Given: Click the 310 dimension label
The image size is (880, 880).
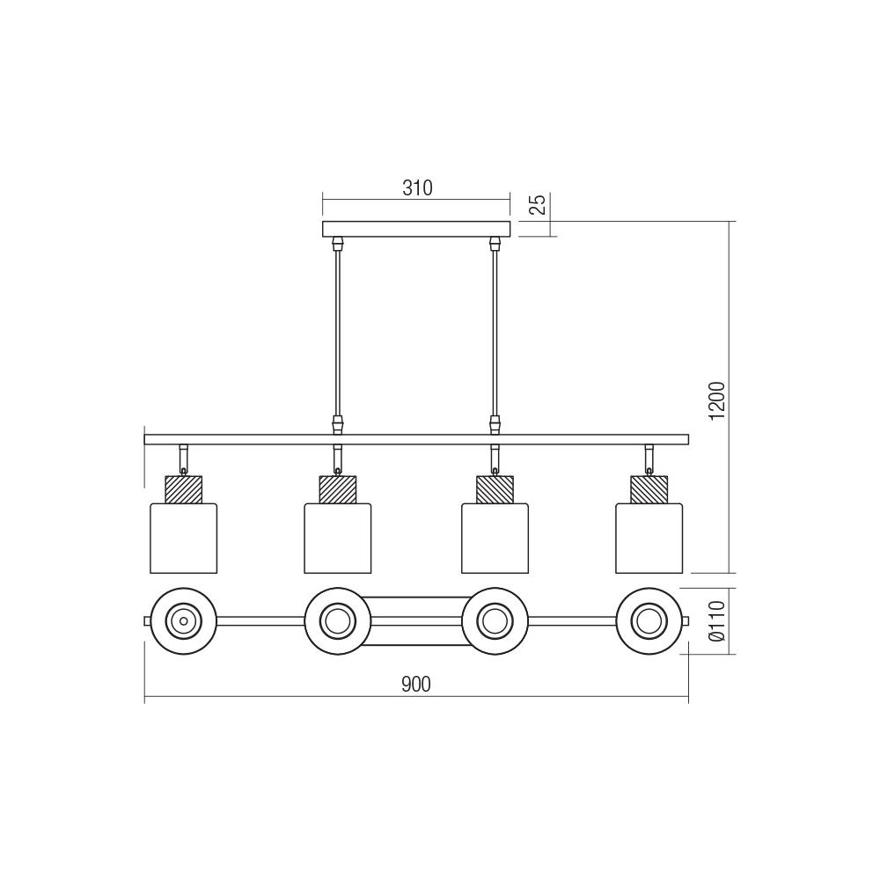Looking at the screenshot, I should [x=417, y=187].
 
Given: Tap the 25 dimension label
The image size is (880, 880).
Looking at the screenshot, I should [x=539, y=204].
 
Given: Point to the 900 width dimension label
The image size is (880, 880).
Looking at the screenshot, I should [x=416, y=685].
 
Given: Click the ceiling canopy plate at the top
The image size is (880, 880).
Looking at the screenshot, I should [x=416, y=230].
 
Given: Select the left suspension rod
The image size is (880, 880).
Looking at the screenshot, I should [x=336, y=334].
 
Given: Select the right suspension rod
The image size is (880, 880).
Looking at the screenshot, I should [x=494, y=334].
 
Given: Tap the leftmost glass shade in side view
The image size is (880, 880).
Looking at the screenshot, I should [x=183, y=537].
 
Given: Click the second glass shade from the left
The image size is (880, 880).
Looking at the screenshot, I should [x=338, y=537].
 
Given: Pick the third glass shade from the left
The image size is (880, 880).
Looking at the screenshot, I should [x=495, y=537].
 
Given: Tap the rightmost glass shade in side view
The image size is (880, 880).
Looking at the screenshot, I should [x=649, y=537].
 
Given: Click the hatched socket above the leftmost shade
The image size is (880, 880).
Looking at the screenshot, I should [x=183, y=488].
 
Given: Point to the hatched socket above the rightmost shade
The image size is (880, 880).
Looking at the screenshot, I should [x=649, y=488].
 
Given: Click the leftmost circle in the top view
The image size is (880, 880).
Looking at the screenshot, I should [x=183, y=620].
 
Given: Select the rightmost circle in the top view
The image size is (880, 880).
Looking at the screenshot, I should [x=649, y=620].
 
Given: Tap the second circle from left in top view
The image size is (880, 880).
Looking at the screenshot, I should [x=338, y=620].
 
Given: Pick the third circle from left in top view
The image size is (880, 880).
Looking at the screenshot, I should [x=495, y=620].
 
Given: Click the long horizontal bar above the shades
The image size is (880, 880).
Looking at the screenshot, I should [x=416, y=438].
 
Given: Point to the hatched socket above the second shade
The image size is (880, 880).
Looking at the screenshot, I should [x=338, y=488].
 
